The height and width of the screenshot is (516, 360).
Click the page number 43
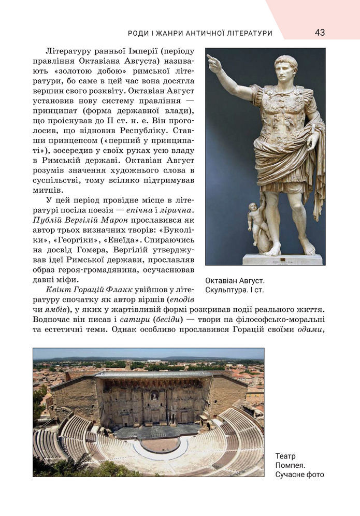click(x=320, y=33)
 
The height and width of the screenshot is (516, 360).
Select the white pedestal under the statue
click(x=282, y=259)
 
